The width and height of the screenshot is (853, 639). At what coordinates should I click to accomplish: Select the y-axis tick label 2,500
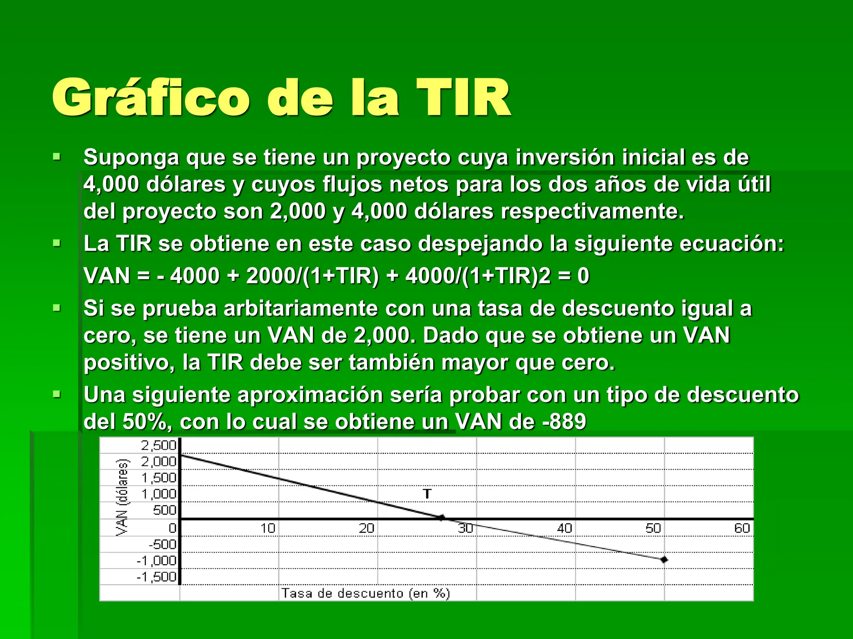[x=159, y=446]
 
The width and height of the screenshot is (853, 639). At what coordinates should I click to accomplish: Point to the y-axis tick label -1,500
[x=157, y=577]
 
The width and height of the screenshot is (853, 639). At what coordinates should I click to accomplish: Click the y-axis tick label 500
[x=165, y=510]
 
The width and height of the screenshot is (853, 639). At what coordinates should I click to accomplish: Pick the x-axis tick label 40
[x=564, y=528]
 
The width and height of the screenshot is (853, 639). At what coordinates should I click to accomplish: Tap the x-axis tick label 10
[x=268, y=528]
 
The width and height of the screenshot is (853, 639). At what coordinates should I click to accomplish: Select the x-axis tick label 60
[x=742, y=528]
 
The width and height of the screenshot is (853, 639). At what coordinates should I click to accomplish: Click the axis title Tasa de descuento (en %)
[x=365, y=593]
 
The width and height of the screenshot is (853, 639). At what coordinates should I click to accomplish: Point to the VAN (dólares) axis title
[x=122, y=497]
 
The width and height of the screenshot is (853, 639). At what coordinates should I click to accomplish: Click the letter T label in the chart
[x=427, y=494]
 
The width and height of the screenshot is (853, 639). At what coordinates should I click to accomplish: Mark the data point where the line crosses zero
[x=441, y=518]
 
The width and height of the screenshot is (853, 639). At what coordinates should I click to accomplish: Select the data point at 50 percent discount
[x=664, y=560]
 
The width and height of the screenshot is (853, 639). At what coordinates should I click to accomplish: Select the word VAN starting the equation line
[x=107, y=276]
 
